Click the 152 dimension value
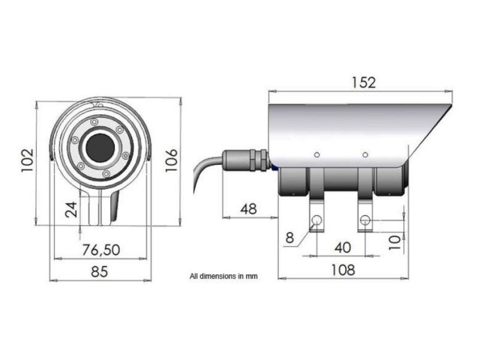click(362, 82)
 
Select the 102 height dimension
click(26, 159)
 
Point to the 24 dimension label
click(71, 209)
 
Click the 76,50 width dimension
click(99, 249)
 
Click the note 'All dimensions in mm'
click(223, 275)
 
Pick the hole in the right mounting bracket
click(365, 220)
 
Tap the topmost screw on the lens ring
click(94, 121)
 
